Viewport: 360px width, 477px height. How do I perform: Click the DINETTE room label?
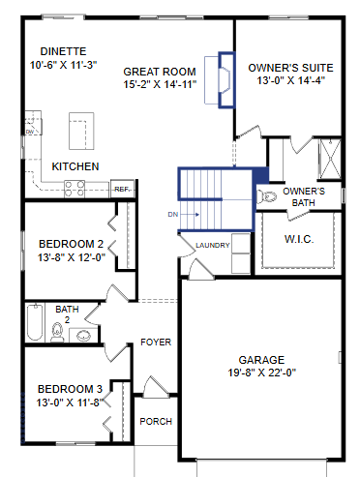(63, 51)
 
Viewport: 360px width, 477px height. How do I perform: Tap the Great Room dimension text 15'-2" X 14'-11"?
(160, 84)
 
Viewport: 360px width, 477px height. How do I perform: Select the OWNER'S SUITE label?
(290, 68)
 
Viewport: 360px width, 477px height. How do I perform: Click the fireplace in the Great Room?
(226, 79)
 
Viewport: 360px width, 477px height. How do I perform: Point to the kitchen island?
(81, 131)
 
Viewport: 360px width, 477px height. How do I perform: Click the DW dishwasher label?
(30, 132)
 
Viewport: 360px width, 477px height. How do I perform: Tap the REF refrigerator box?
(122, 189)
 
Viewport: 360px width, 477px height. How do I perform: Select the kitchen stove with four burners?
(75, 189)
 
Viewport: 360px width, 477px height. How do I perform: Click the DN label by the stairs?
(173, 215)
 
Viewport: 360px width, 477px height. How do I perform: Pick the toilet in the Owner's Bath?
(267, 196)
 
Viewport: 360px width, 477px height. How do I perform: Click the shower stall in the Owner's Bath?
(330, 159)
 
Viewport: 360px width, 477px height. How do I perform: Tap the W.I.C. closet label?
(299, 239)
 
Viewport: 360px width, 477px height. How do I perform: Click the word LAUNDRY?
(213, 246)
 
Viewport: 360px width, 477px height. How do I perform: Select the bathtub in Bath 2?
(35, 322)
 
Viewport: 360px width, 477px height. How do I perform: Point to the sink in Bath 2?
(83, 336)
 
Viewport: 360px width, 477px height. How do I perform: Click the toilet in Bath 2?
(57, 332)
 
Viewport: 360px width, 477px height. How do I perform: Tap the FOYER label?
(156, 343)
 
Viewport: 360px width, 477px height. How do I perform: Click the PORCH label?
(156, 422)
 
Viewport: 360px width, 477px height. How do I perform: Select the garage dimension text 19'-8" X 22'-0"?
(262, 373)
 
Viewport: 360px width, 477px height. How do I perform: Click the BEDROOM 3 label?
(70, 389)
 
